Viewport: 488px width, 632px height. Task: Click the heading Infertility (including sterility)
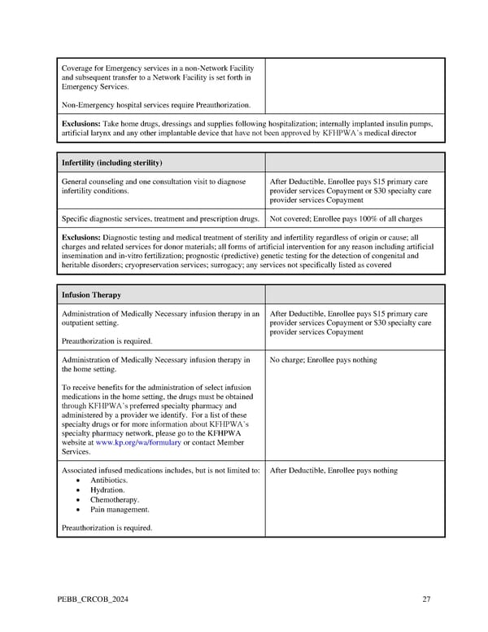(112, 162)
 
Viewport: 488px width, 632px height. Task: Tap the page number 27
(426, 600)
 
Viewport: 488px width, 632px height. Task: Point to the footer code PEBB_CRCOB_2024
(93, 600)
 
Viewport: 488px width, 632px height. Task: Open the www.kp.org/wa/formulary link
(138, 442)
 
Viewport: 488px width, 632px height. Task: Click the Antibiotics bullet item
(108, 481)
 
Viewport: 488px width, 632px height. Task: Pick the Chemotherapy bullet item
(114, 500)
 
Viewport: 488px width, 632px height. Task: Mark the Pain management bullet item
(120, 510)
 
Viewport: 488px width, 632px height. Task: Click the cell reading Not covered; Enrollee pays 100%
(344, 219)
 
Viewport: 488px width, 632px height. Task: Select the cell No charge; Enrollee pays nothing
(323, 359)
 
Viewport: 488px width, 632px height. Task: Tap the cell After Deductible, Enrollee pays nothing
(333, 470)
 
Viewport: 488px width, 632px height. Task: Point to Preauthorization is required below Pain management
(107, 528)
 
